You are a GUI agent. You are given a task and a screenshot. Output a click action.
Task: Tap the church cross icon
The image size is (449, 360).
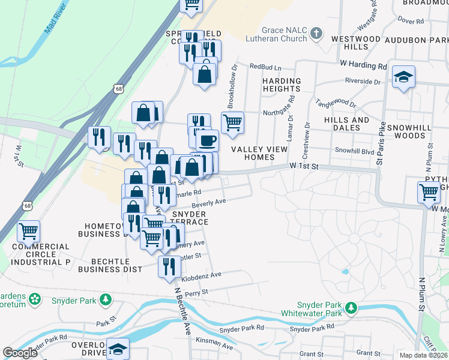(x=317, y=34)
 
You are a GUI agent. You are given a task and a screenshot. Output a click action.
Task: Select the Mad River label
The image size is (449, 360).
(x=56, y=20)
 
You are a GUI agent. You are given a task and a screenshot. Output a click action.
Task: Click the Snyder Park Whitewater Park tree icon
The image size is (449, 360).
(x=350, y=308)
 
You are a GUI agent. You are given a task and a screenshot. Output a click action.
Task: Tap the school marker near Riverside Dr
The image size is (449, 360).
(x=404, y=77)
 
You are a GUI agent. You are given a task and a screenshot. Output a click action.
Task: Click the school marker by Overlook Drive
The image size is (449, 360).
(x=118, y=349)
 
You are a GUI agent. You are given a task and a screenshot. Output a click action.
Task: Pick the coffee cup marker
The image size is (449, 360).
(x=208, y=140)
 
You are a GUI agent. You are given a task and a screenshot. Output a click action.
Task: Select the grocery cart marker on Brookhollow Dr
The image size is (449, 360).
(x=232, y=123)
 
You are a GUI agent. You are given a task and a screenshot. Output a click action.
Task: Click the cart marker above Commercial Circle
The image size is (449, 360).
(x=28, y=230)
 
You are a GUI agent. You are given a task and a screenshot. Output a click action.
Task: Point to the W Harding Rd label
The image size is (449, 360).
(x=363, y=65)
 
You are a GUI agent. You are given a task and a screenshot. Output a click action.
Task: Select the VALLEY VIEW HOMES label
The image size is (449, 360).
(x=253, y=153)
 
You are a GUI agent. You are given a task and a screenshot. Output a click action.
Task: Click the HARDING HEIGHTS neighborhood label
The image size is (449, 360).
(x=282, y=85)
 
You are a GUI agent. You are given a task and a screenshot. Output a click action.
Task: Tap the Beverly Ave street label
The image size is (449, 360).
(x=208, y=203)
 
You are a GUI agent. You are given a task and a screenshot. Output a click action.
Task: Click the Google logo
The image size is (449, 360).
(x=20, y=352)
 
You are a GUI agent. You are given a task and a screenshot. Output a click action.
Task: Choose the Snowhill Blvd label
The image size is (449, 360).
(x=354, y=151)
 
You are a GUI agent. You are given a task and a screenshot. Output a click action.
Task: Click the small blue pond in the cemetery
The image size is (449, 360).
(x=345, y=272)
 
